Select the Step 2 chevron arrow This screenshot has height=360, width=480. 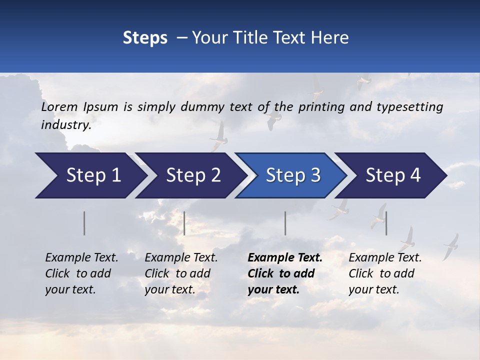pos(190,175)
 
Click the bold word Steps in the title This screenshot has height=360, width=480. pos(145,38)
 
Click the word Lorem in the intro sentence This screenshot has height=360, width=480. pos(59,107)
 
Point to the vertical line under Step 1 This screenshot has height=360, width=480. pos(84,223)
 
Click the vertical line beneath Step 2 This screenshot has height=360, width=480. pos(184,223)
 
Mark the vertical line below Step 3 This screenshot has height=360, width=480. pos(285,223)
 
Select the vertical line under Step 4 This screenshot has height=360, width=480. pos(386,223)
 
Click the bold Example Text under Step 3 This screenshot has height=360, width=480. pos(285,258)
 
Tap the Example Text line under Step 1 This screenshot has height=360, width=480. pos(81,258)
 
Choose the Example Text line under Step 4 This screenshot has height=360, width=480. pos(385,258)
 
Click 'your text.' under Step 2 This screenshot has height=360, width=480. pos(169,289)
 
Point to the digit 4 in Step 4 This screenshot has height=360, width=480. pos(414,175)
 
